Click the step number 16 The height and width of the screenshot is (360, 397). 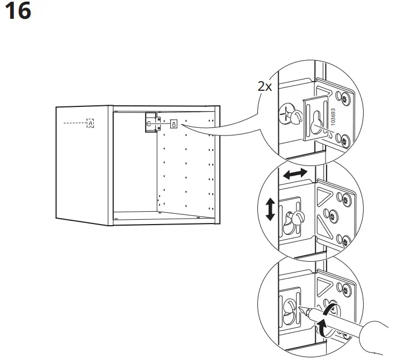[x=18, y=11]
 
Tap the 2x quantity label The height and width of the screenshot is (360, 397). [x=265, y=87]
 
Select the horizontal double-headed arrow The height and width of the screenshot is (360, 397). [x=295, y=174]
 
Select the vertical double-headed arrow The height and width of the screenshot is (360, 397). [x=270, y=209]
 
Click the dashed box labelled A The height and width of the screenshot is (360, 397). [x=90, y=124]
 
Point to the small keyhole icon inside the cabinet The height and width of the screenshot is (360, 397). [x=174, y=124]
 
